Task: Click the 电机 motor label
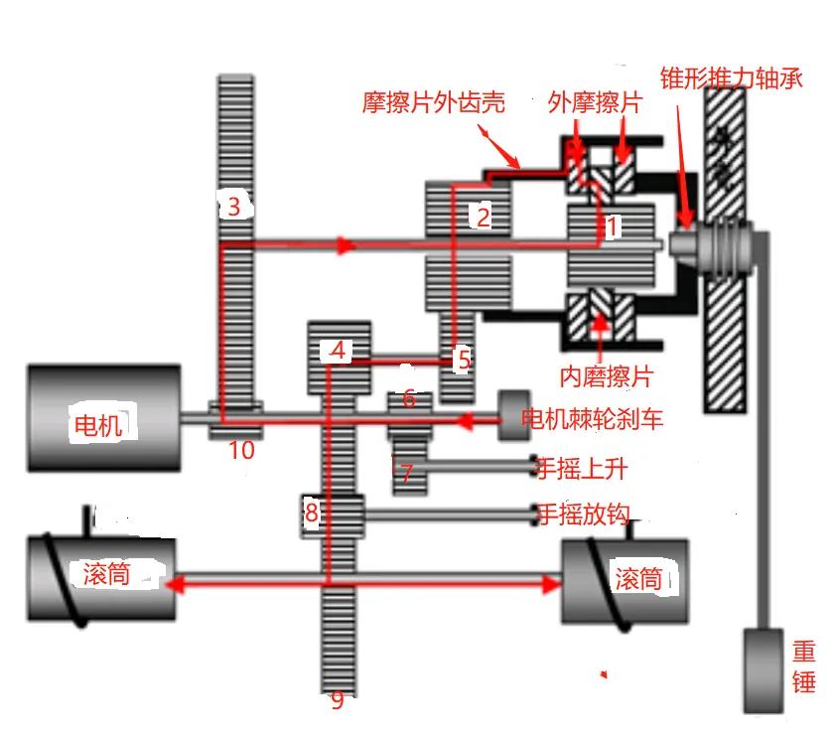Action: click(97, 425)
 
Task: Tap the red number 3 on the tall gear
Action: click(234, 207)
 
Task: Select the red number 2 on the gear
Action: click(484, 216)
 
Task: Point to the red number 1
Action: click(612, 226)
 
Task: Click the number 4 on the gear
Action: click(340, 351)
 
